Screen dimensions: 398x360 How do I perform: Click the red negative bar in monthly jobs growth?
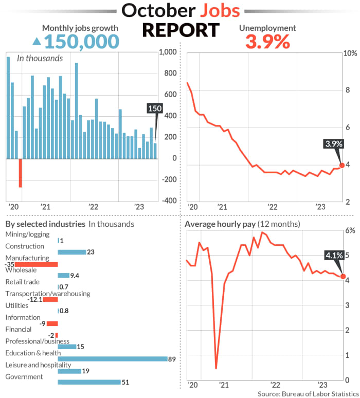(21, 173)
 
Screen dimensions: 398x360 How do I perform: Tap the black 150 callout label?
(154, 108)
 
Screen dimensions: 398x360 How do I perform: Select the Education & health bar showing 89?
(112, 358)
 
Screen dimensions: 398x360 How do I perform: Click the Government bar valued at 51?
(89, 382)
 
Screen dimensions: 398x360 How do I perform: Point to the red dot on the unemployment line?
(342, 165)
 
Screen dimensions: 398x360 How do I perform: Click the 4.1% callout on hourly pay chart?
(334, 255)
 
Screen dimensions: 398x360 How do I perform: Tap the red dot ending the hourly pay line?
(343, 277)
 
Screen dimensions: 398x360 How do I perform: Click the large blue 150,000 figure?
(82, 41)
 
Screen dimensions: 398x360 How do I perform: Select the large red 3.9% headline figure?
(267, 41)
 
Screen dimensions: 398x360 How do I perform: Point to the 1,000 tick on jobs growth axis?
(168, 52)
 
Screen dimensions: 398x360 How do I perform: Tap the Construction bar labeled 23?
(71, 252)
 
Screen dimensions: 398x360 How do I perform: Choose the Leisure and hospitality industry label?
(38, 365)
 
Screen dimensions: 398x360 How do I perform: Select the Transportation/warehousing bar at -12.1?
(50, 299)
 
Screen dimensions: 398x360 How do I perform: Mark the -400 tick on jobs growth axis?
(168, 201)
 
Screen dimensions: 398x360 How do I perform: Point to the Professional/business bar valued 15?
(67, 347)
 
